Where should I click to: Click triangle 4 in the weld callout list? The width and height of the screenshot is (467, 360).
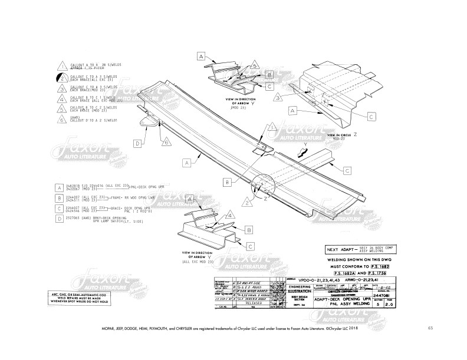tap(63, 98)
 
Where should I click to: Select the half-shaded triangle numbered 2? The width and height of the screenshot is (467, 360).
tap(63, 77)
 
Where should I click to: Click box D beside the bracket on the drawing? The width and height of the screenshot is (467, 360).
tap(137, 143)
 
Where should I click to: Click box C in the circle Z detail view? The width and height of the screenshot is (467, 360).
tap(371, 116)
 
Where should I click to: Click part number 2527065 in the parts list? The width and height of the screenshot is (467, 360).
tap(75, 217)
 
